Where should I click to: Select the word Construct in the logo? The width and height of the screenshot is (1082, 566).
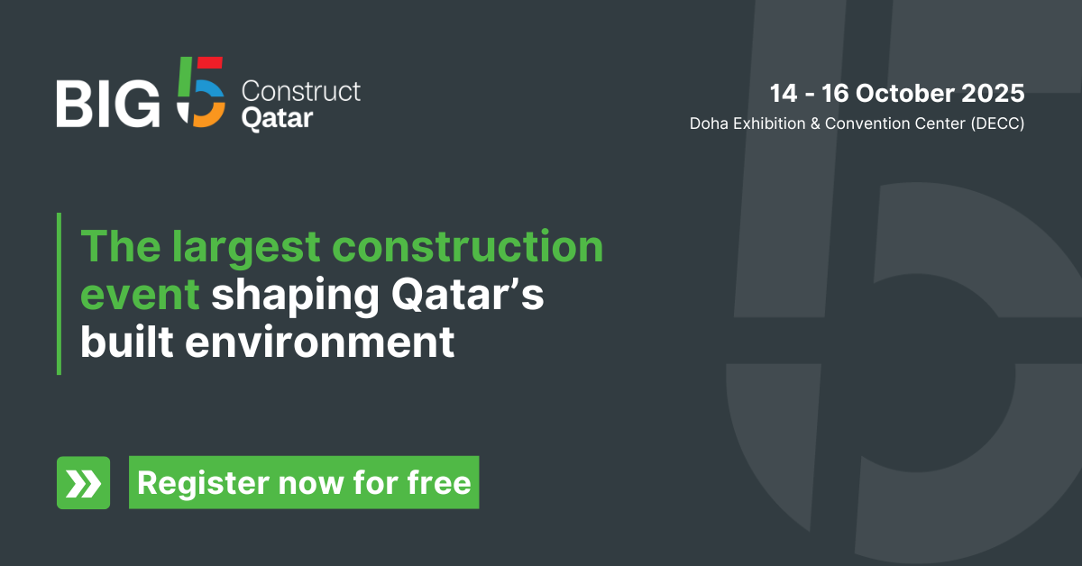301,91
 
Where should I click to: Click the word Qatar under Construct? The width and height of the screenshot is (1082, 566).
278,118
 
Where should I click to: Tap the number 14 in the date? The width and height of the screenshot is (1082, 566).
784,93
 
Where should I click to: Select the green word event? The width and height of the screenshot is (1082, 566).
140,296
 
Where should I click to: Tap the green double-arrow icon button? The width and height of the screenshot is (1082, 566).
83,483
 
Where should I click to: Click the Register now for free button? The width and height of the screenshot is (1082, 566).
304,483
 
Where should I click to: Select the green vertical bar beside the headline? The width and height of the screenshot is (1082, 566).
59,294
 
